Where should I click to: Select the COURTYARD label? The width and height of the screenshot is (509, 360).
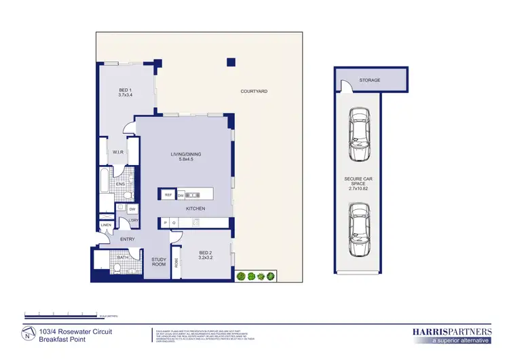(254, 91)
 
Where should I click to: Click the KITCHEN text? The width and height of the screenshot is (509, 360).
(195, 209)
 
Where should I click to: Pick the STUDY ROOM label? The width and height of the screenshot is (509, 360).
(159, 262)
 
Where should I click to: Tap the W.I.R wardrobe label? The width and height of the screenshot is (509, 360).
(117, 152)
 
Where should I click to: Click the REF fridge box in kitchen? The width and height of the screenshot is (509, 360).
(168, 195)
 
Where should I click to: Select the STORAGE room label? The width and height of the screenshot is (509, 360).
(370, 80)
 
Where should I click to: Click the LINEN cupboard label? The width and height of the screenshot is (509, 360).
(106, 225)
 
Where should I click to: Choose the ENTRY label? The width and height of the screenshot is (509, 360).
(127, 239)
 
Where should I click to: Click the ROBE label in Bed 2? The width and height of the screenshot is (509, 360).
(177, 262)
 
